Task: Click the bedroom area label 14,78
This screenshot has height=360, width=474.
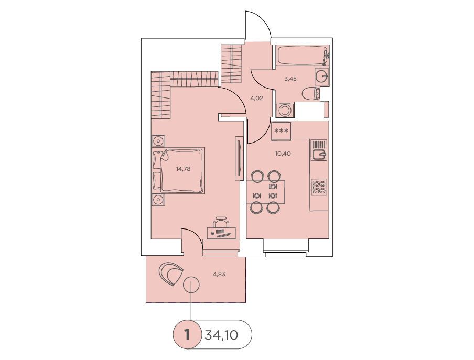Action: tap(183, 169)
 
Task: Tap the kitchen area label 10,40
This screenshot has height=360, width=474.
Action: tap(283, 154)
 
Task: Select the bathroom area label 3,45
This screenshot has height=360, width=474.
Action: tap(290, 79)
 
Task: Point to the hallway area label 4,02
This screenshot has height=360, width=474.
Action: tap(256, 98)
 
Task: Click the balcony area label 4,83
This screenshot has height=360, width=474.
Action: tap(219, 275)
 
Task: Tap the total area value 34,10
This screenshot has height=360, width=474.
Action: tap(222, 335)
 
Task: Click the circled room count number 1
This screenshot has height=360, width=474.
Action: tap(187, 335)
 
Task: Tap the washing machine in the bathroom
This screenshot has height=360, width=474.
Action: tap(284, 110)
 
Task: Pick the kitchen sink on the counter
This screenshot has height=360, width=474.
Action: tap(319, 155)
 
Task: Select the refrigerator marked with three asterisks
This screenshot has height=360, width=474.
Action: tap(281, 131)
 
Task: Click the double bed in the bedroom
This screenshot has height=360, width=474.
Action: tap(178, 170)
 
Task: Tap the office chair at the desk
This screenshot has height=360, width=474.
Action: tap(221, 222)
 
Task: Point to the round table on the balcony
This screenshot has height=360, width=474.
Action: tap(191, 285)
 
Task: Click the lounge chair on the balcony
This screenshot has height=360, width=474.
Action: tap(170, 274)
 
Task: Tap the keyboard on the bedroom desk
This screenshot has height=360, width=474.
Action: tap(224, 234)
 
